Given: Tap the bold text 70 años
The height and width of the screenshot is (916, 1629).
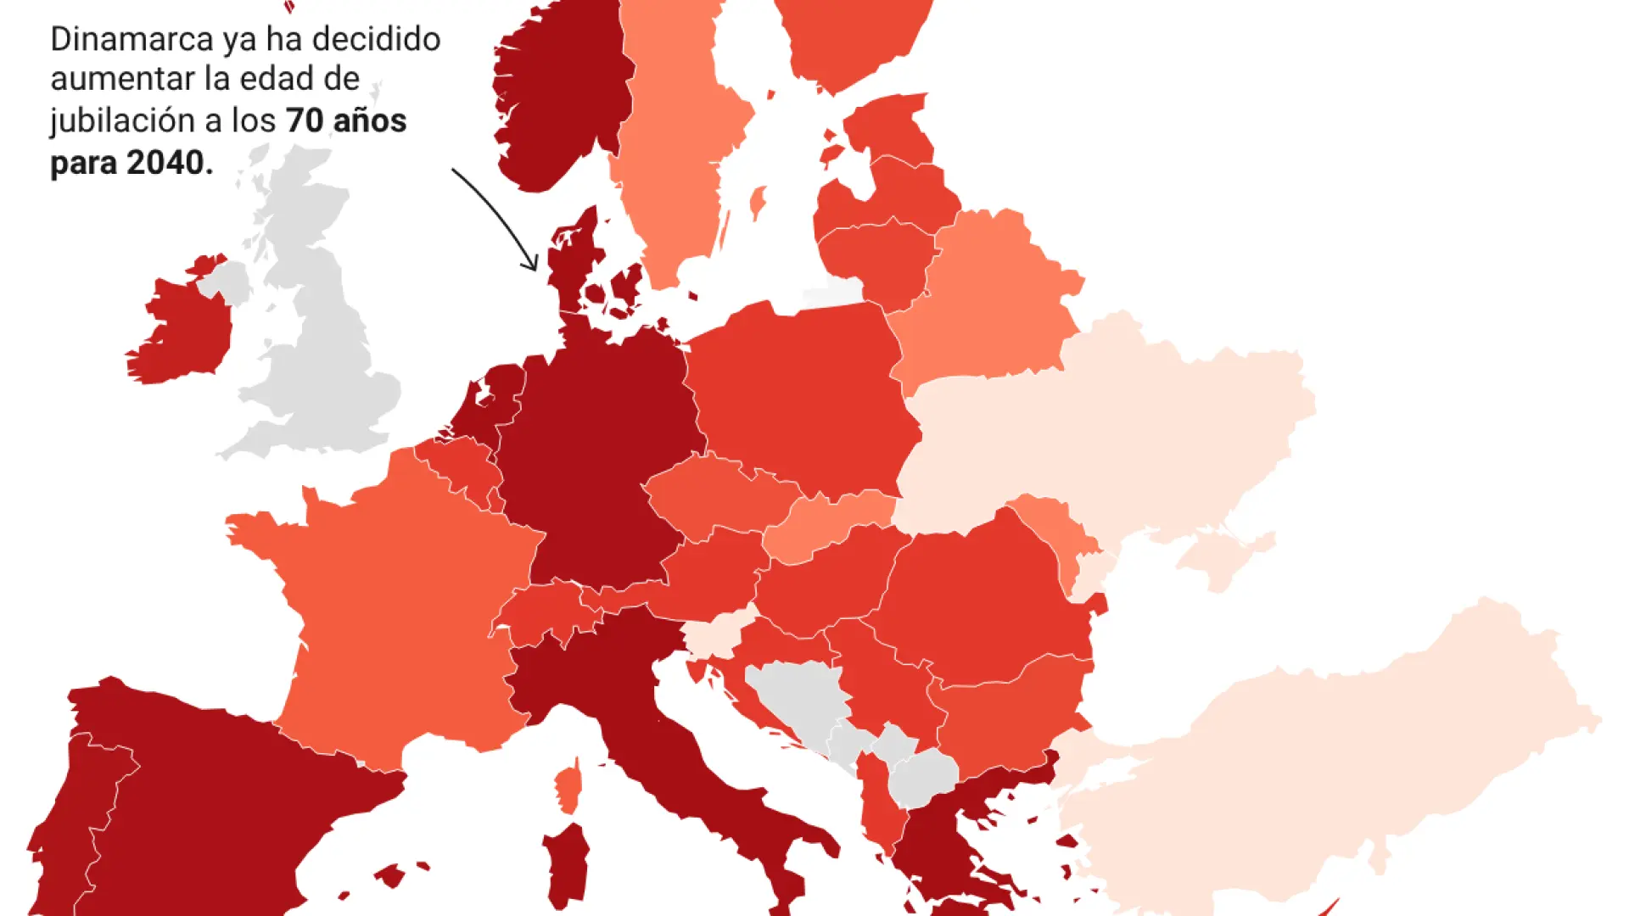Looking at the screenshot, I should pos(346,121).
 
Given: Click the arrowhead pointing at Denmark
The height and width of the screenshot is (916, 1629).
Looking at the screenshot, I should pos(531,265).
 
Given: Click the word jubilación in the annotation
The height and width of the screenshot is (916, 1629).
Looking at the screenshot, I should pos(122,121).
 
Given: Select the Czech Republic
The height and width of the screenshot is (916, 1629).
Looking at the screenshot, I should pos(721,496).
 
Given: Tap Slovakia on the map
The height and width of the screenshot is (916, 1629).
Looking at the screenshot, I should pos(827,522).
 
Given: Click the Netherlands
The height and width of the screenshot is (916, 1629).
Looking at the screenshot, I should pos(496,399).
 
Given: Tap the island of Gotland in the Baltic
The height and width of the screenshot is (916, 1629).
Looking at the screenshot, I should pos(758,202).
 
